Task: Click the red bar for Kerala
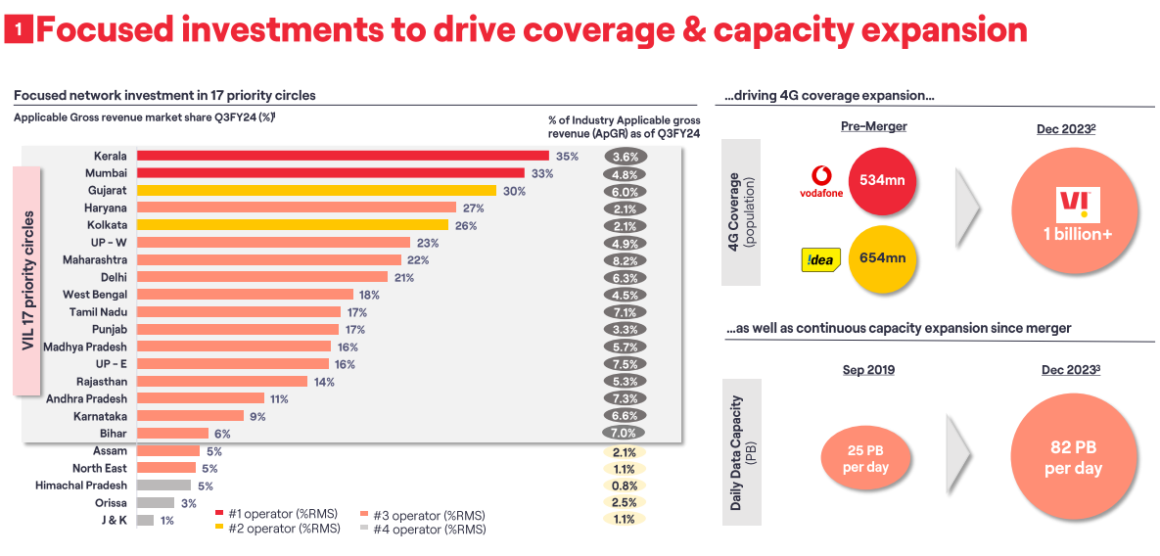tap(343, 156)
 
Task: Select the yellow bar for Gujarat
tap(316, 191)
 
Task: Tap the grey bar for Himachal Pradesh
tap(163, 486)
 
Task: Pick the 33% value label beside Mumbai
tap(542, 173)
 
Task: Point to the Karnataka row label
tap(100, 416)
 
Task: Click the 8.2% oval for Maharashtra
tap(625, 260)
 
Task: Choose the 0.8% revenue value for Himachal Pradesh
tap(624, 486)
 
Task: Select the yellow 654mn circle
tap(882, 258)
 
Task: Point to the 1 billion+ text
tap(1077, 235)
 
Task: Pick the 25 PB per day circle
tap(865, 458)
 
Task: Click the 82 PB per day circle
tap(1073, 456)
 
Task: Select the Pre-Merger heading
tap(873, 126)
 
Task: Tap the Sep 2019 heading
tap(869, 370)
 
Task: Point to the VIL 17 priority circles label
tap(27, 281)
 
